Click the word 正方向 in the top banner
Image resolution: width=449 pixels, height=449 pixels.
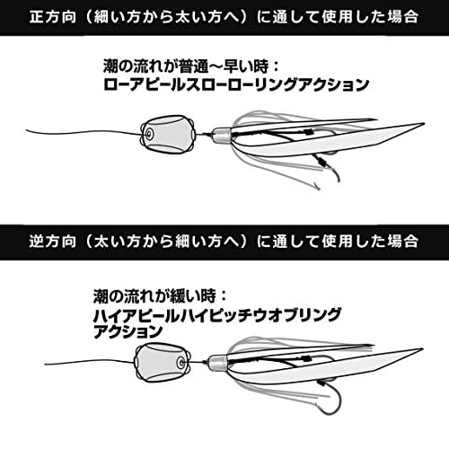53,17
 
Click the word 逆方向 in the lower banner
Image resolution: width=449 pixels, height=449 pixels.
53,242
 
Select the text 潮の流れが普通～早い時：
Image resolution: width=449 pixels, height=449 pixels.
191,66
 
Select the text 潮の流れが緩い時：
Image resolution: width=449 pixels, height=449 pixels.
160,296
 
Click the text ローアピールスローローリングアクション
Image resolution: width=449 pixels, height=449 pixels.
236,84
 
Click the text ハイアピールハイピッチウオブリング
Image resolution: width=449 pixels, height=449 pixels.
217,315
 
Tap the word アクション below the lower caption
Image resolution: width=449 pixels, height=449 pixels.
128,331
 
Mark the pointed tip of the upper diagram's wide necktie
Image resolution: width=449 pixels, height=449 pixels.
424,123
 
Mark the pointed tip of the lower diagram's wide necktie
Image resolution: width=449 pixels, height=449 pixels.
422,349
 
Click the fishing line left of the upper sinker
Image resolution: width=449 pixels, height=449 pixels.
84,132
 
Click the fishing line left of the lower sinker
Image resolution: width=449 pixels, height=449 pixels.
90,361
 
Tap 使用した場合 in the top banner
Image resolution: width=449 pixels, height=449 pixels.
370,17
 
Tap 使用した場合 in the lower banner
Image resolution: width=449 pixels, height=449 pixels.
370,242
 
